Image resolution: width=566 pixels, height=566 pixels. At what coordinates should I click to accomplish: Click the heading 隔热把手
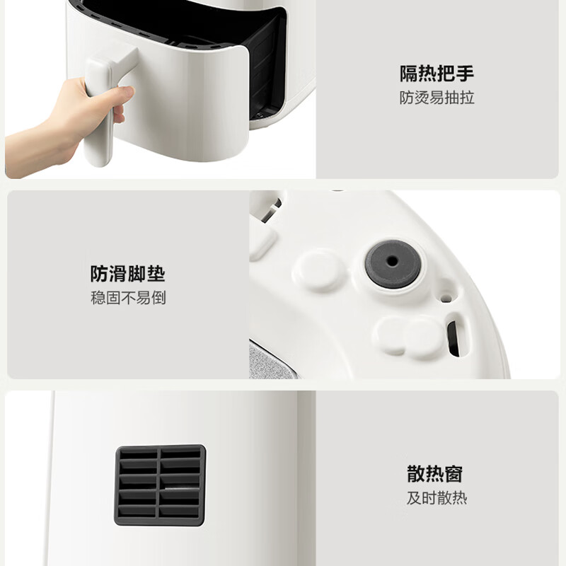(436, 74)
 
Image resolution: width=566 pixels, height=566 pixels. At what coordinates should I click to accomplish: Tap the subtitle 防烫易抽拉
(436, 98)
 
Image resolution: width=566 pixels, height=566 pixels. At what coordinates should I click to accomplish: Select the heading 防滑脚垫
(127, 274)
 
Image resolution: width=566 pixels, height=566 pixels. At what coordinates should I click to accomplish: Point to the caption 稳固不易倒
(127, 298)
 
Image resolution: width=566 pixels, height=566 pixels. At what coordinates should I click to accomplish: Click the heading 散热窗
(435, 473)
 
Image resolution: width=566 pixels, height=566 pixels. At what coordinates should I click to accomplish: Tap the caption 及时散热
(436, 497)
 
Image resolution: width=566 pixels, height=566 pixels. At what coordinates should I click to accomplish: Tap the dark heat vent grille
(160, 485)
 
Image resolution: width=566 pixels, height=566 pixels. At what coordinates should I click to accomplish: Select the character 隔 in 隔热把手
(408, 74)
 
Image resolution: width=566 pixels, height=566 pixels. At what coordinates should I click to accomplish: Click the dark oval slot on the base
(453, 339)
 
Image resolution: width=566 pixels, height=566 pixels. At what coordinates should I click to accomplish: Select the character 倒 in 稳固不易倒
(158, 298)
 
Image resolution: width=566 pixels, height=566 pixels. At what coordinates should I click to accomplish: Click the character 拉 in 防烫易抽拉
(466, 98)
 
